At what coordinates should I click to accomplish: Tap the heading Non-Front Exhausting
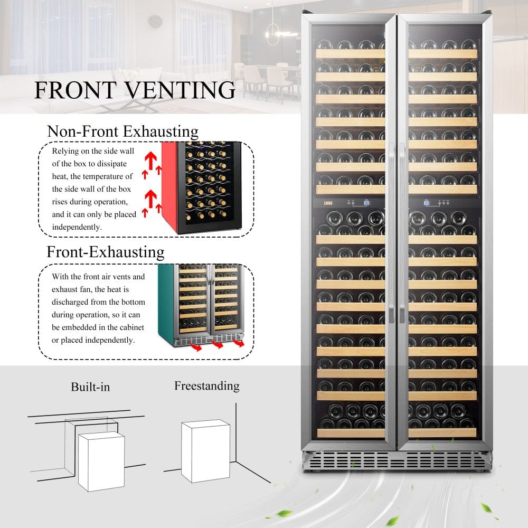pyautogui.click(x=122, y=131)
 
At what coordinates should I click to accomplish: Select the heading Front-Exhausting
pyautogui.click(x=106, y=252)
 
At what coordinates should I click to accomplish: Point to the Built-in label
pyautogui.click(x=90, y=387)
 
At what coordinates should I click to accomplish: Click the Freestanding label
pyautogui.click(x=206, y=386)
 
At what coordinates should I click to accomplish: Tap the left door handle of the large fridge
pyautogui.click(x=391, y=232)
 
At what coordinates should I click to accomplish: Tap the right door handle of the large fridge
pyautogui.click(x=402, y=232)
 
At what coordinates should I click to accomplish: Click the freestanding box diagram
pyautogui.click(x=205, y=451)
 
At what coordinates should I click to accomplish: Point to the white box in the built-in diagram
pyautogui.click(x=101, y=461)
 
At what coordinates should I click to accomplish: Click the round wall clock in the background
pyautogui.click(x=155, y=22)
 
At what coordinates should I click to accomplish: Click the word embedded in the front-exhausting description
pyautogui.click(x=82, y=328)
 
